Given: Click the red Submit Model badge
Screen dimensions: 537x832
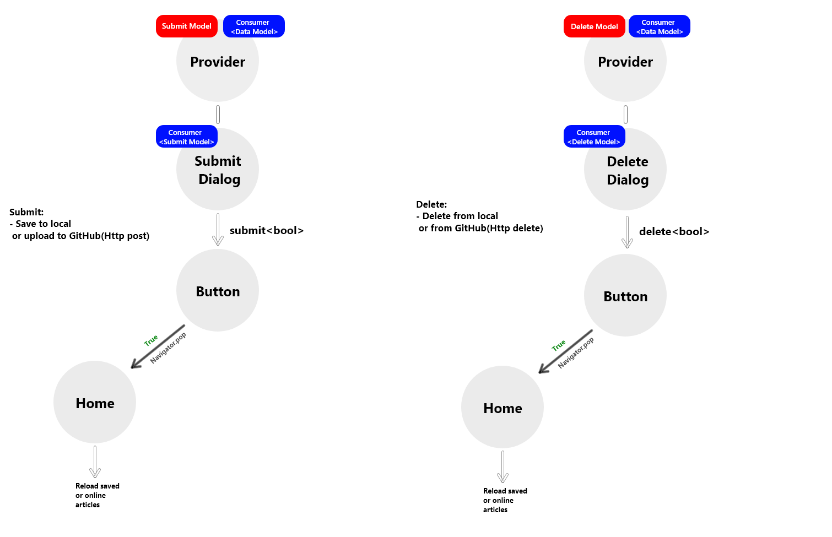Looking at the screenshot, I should point(186,26).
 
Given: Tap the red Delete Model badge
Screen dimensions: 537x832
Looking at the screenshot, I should point(594,26).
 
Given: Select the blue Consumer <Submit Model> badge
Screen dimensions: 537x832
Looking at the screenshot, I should point(186,137).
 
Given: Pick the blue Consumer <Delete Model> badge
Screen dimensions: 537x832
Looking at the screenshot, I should point(594,137).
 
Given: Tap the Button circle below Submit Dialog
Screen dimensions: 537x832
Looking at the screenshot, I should point(218,291).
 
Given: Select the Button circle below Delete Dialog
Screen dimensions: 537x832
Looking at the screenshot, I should point(625,296).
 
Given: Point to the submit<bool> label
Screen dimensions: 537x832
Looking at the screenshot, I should point(267,231).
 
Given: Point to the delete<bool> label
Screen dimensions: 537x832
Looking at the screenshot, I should point(674,232).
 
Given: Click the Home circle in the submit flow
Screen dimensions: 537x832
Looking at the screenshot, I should point(95,403).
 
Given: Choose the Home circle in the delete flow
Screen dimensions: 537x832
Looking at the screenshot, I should point(503,408).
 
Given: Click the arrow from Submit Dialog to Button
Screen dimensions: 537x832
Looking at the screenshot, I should point(218,229).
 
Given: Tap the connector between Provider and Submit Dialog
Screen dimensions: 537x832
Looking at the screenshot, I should point(218,115).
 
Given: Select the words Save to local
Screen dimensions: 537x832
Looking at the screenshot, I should point(43,224).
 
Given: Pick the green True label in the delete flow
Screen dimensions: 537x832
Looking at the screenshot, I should point(559,345).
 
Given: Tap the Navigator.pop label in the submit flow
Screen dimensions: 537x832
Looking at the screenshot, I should point(169,348).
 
